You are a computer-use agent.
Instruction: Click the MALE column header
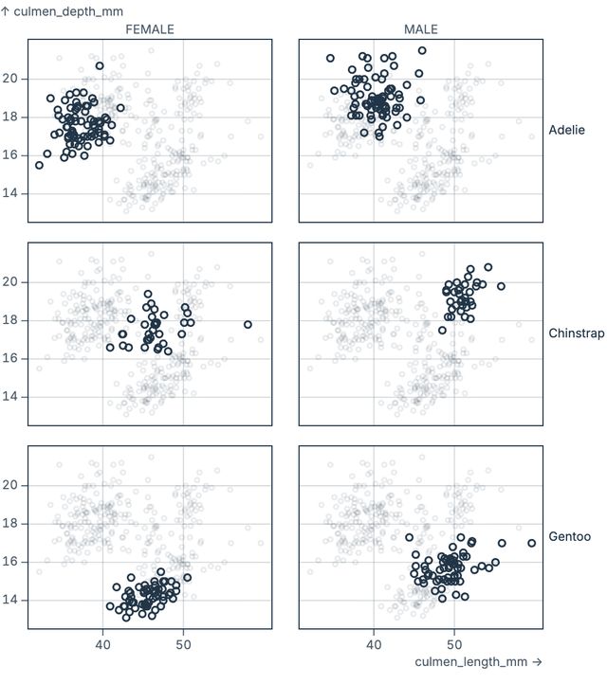(x=421, y=29)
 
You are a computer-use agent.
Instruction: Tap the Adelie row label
(x=567, y=130)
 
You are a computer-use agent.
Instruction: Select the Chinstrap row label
(x=576, y=333)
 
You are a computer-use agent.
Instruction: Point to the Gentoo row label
(x=569, y=537)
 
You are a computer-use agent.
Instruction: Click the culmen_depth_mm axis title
(x=62, y=11)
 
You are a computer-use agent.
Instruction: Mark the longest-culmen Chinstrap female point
(x=248, y=325)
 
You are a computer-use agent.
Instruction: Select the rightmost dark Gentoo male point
(x=532, y=543)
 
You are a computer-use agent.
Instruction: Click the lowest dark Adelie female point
(x=39, y=165)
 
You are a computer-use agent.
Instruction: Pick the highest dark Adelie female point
(x=100, y=66)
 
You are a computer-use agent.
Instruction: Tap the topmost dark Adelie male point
(x=422, y=51)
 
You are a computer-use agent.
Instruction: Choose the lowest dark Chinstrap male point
(x=442, y=331)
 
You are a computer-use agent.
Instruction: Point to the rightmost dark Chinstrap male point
(x=501, y=286)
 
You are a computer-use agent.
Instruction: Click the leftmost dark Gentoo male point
(x=410, y=538)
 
